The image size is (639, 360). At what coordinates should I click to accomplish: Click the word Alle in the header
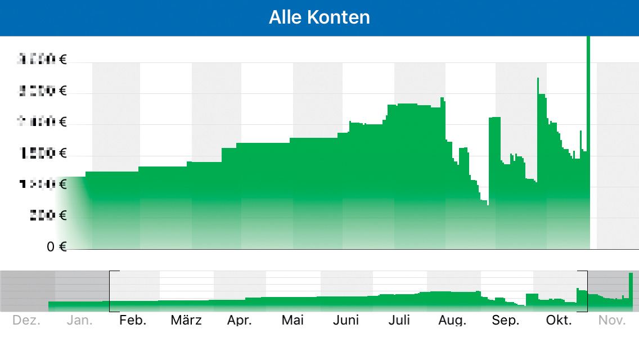point(286,17)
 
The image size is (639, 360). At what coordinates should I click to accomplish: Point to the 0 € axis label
point(57,246)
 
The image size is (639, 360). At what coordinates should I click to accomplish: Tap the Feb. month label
point(133,321)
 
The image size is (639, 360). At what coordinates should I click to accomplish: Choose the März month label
point(186,321)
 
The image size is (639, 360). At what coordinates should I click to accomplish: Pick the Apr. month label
point(239,321)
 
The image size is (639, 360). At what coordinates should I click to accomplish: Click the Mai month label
point(292,321)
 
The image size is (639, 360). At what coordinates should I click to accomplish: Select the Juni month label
point(346,321)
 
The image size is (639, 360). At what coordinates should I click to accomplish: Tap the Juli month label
point(399,321)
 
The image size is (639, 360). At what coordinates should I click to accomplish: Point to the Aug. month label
point(453,321)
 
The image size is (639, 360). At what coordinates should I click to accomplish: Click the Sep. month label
point(506,321)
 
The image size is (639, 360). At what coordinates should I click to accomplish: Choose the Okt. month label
point(559,321)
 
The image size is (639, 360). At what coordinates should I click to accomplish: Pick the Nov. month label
point(612,321)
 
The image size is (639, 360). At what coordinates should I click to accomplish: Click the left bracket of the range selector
point(110,291)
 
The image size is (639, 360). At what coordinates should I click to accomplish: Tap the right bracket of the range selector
point(586,291)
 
